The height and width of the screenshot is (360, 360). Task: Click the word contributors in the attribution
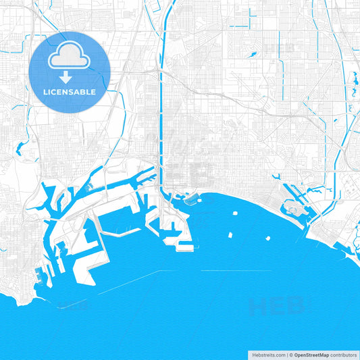(344, 354)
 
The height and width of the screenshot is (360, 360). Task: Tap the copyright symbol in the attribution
(291, 354)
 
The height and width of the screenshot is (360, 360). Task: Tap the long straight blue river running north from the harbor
(160, 122)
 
